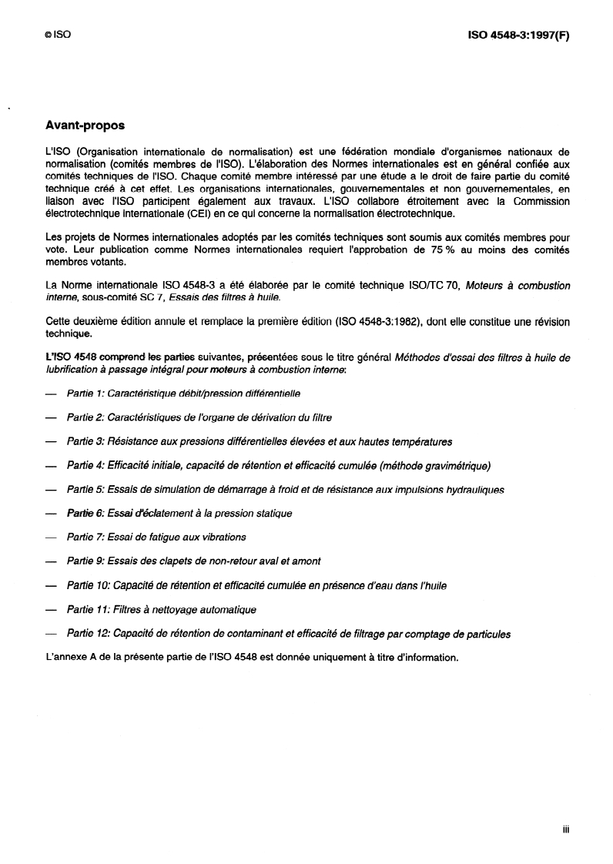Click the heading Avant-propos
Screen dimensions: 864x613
85,124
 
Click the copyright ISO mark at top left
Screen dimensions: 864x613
58,35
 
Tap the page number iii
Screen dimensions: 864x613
565,829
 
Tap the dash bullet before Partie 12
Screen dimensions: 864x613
52,634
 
